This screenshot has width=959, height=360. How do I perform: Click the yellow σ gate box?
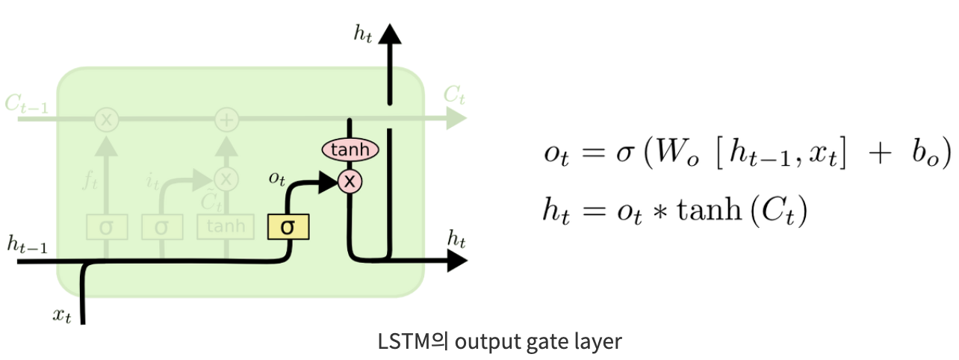[288, 226]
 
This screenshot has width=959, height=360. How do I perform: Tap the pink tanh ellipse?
[350, 149]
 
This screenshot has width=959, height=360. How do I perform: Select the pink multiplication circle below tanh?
[350, 180]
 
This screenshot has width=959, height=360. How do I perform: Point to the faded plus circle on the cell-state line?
[226, 118]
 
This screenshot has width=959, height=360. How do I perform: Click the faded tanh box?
[226, 226]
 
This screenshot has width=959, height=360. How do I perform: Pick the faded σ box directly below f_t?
[105, 226]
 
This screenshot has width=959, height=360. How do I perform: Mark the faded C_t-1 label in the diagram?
[27, 105]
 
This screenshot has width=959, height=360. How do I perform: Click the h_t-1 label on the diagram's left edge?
[27, 243]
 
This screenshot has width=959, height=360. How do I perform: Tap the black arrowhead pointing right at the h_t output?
[456, 260]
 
